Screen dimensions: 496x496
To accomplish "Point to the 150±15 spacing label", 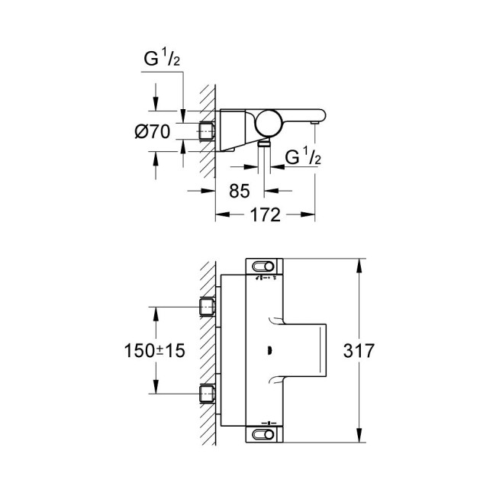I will (154, 353).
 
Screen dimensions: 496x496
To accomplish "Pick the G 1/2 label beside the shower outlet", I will (301, 158).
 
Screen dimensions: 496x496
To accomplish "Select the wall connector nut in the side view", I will (208, 130).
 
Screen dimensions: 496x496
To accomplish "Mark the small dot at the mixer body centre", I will (269, 351).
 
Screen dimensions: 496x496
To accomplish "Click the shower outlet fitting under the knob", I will (263, 142).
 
